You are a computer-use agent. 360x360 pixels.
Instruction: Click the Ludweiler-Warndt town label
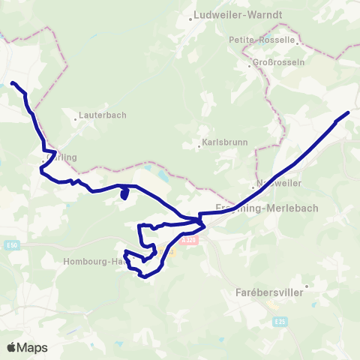(227, 14)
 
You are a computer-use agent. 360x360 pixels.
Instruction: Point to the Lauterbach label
(103, 115)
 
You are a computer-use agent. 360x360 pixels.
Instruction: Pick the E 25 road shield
(280, 322)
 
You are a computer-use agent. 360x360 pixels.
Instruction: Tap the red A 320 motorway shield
(191, 239)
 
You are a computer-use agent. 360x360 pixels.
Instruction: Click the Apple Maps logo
(27, 347)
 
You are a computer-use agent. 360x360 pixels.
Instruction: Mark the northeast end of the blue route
(349, 112)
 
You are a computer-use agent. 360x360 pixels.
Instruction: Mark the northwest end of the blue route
(13, 82)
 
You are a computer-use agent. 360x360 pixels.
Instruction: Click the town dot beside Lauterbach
(77, 118)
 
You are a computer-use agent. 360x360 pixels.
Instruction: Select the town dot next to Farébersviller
(305, 285)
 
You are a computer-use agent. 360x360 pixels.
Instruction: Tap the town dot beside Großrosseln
(250, 66)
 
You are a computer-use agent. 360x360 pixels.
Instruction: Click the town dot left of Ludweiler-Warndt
(191, 18)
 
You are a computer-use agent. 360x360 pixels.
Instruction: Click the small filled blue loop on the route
(124, 194)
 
